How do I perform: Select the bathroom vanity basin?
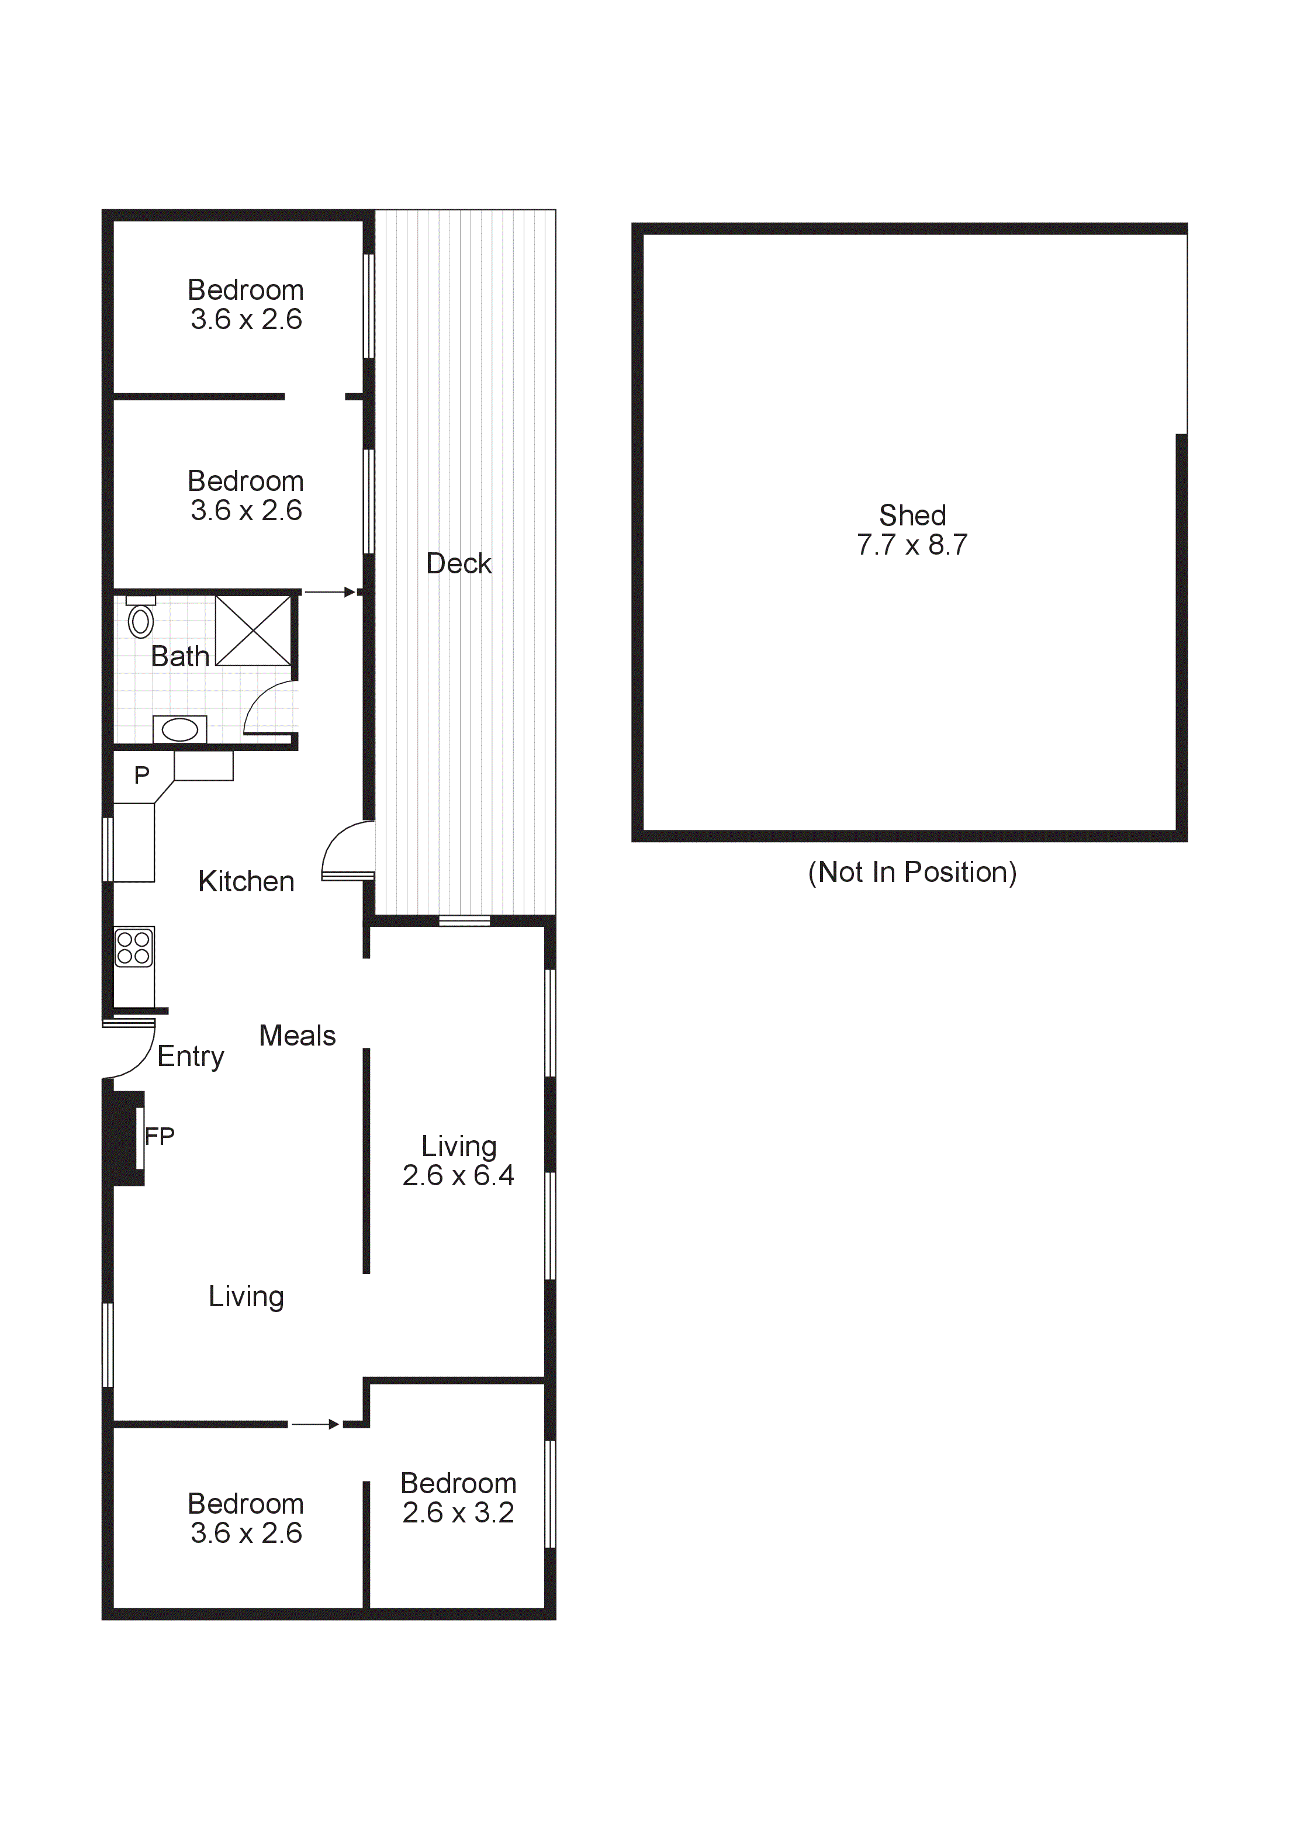point(180,729)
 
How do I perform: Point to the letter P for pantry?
point(141,776)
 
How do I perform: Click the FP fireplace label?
point(160,1137)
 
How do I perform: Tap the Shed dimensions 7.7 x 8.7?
point(912,545)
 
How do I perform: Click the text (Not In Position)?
point(912,873)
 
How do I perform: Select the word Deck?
point(458,564)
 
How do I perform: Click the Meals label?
point(297,1036)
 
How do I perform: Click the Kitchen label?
point(246,882)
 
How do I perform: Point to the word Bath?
point(180,657)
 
